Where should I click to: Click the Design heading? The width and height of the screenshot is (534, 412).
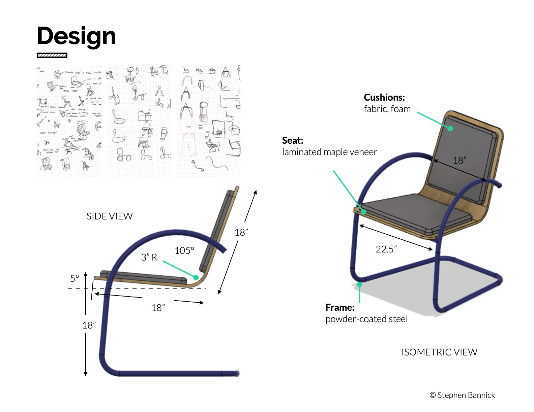pos(77,36)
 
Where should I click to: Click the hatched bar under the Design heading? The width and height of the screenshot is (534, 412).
pos(52,55)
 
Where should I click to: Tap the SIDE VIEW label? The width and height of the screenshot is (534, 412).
pos(110,216)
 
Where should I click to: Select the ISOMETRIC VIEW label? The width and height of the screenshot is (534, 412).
pos(439,352)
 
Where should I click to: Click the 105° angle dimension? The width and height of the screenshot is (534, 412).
pos(184,250)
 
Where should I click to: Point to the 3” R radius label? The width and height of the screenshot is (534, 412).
pos(149,257)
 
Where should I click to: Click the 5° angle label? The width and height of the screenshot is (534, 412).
pos(75,278)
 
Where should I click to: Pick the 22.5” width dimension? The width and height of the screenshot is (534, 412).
pos(386,249)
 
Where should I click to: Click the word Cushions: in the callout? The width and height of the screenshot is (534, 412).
pos(384,97)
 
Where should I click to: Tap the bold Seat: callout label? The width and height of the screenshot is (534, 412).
pos(293,140)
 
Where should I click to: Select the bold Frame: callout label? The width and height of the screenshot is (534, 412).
pos(340,307)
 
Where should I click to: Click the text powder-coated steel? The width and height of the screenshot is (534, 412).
pos(366,319)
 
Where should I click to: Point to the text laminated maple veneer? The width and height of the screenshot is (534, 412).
pos(329,152)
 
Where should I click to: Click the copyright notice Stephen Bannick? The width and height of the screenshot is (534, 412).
pos(462,395)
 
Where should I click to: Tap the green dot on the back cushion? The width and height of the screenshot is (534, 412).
pos(450,128)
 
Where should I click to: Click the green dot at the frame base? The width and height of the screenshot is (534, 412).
pos(360,284)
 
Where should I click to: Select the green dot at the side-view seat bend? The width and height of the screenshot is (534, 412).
pos(196,277)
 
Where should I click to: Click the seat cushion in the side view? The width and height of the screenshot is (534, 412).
pos(143,276)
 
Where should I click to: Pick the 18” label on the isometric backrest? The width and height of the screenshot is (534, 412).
pos(459,160)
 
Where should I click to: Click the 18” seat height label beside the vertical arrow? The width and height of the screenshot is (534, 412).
pos(89,325)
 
